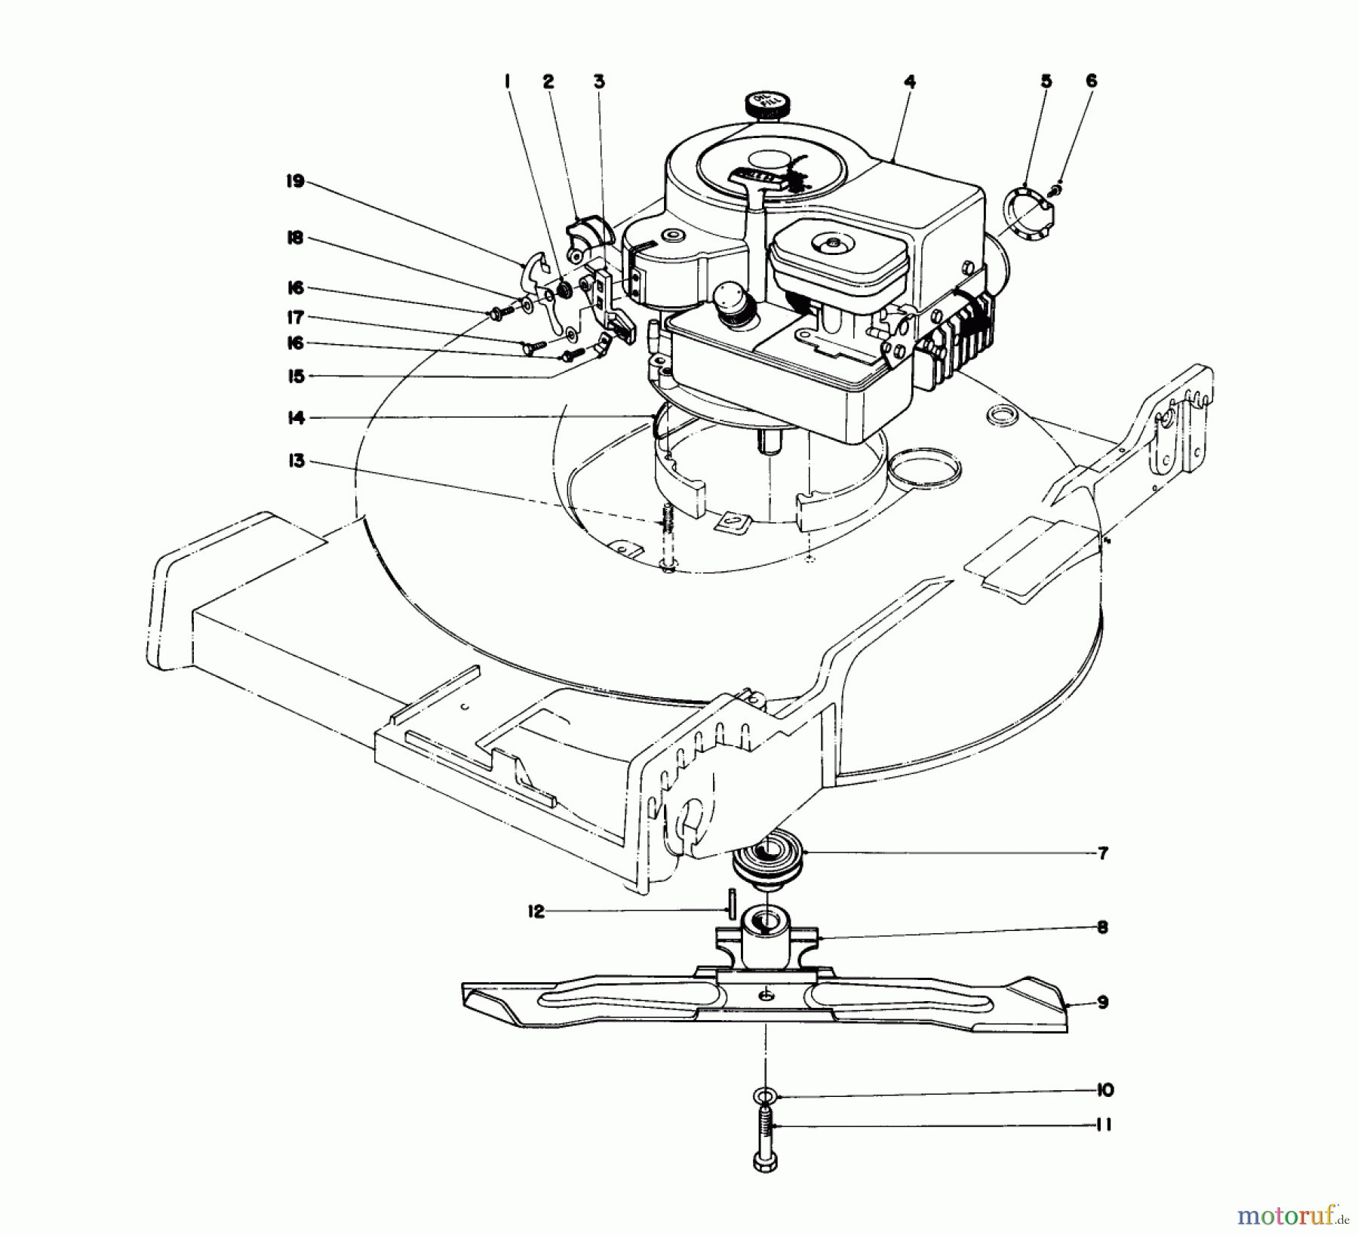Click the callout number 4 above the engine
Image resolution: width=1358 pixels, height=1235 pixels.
pyautogui.click(x=910, y=81)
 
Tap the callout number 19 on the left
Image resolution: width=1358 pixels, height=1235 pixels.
pyautogui.click(x=295, y=181)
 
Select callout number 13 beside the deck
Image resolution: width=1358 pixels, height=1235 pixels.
pyautogui.click(x=296, y=460)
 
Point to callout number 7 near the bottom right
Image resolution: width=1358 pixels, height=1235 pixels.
pyautogui.click(x=1102, y=853)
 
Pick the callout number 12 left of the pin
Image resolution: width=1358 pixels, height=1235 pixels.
pyautogui.click(x=536, y=911)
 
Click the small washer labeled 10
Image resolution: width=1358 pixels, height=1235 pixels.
pyautogui.click(x=765, y=1094)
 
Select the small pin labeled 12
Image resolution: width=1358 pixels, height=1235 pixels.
pyautogui.click(x=732, y=902)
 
